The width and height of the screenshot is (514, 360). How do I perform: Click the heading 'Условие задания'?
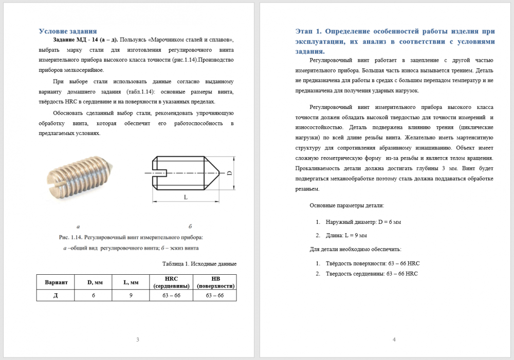coord(68,31)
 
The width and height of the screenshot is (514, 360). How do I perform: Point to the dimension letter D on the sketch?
coord(229,174)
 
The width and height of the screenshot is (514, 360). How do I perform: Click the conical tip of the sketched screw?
coord(214,174)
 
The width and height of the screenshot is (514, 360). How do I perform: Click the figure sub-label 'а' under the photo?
coord(78,226)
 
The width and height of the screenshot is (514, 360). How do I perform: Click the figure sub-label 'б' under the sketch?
coord(190,226)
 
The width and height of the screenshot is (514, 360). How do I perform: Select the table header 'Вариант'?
coord(56,282)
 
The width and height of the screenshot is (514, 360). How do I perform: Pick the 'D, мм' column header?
coord(94,282)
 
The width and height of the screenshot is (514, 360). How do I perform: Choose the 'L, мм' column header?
coord(131,282)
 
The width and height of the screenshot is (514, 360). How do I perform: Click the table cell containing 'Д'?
coord(56,295)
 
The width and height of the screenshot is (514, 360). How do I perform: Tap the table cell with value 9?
coord(131,295)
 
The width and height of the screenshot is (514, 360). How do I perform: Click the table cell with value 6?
coord(94,295)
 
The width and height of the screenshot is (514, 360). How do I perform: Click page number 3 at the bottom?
coord(137,339)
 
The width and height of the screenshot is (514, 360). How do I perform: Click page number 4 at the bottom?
coord(394,339)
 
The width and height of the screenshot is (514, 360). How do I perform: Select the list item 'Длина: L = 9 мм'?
coord(346,236)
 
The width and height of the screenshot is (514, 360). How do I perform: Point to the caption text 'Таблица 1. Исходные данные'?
coord(199,264)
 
